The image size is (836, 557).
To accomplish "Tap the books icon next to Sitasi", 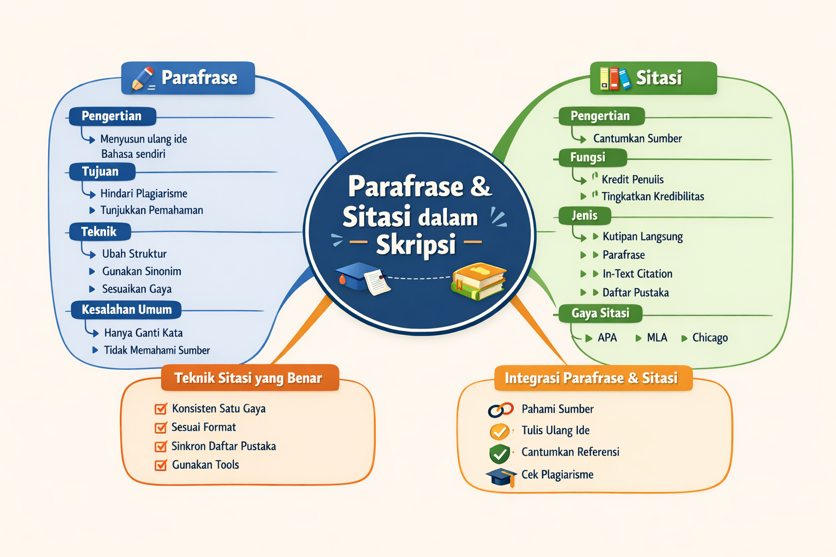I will point(614,78).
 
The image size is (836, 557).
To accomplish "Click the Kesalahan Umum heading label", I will point(126,310).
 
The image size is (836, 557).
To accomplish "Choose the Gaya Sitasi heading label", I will point(600,313).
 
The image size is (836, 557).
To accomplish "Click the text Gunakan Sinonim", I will point(142,271).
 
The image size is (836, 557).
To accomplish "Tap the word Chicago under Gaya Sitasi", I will point(710,338).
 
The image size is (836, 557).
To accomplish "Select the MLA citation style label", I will point(657,338).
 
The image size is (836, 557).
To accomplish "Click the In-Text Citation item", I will point(637,274).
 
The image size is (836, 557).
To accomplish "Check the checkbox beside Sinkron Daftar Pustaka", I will point(161,447).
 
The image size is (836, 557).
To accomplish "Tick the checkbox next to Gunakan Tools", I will point(161,465).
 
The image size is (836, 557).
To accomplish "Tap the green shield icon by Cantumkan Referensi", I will point(500,453).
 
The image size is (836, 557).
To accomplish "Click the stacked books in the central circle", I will point(478,281).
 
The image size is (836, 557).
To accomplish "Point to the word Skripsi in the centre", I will point(415,245).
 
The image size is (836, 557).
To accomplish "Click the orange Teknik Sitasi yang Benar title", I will point(249,378).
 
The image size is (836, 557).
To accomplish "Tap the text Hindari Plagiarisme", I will point(144,194).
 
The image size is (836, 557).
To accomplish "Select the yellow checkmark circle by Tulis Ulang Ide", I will point(500,431).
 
